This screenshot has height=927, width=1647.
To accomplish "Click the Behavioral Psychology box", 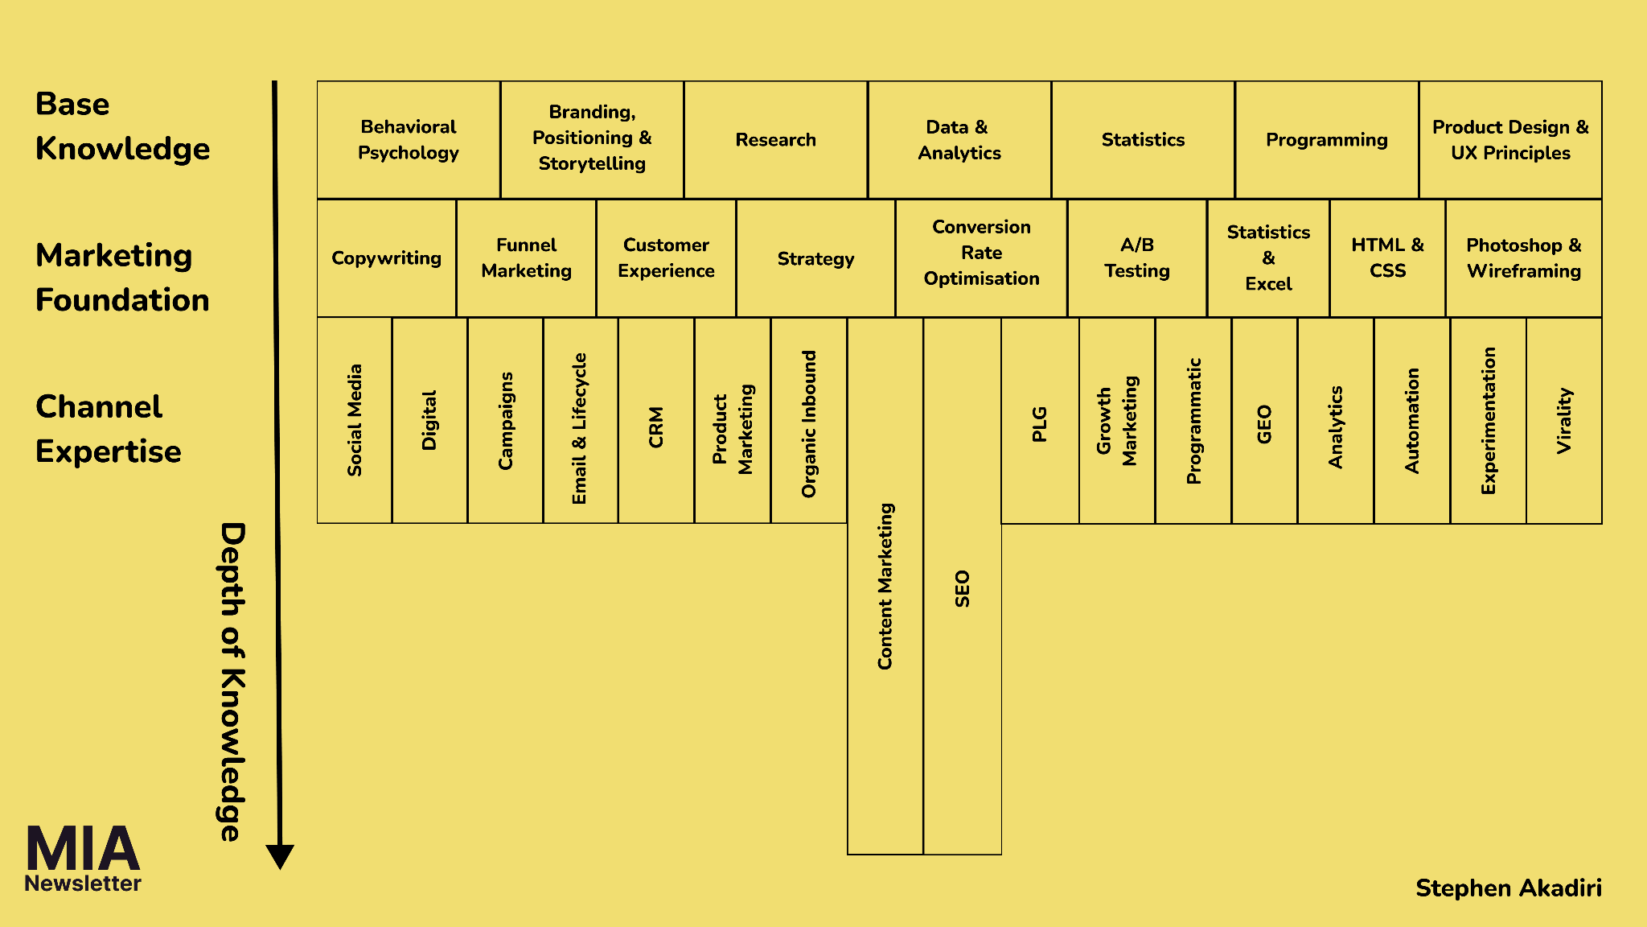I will click(409, 139).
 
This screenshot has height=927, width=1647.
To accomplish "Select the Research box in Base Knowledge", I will click(775, 139).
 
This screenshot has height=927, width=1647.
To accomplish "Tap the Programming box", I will click(1326, 139).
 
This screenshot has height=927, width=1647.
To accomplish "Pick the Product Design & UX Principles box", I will click(1510, 139).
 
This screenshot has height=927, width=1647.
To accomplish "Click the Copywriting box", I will click(386, 258).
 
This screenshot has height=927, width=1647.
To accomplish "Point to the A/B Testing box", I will click(1136, 258).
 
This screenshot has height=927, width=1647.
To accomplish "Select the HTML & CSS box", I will click(1387, 258).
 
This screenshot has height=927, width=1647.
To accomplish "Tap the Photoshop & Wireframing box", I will click(1523, 258).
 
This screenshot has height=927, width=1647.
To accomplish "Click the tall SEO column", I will click(963, 587).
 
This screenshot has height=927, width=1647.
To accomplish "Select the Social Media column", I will click(355, 420).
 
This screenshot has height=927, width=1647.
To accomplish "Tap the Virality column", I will click(1564, 420).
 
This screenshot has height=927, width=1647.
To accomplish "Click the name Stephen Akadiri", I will click(1508, 888).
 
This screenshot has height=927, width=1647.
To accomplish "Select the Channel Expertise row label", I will click(109, 429).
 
